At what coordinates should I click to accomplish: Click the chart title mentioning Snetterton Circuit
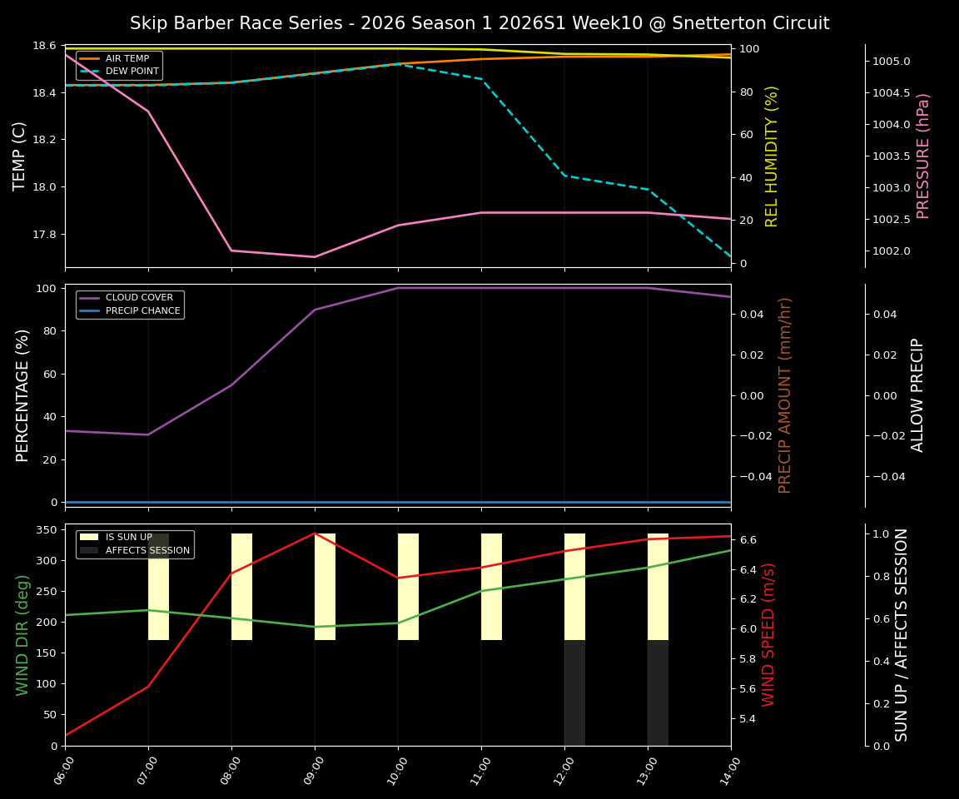pyautogui.click(x=479, y=23)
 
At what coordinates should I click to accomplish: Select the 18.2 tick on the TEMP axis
pyautogui.click(x=43, y=140)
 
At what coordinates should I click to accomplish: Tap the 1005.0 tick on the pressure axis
pyautogui.click(x=892, y=62)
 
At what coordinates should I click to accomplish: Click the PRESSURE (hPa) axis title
pyautogui.click(x=923, y=156)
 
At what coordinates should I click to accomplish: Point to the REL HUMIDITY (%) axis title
pyautogui.click(x=772, y=156)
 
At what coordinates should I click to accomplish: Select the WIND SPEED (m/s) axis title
pyautogui.click(x=768, y=634)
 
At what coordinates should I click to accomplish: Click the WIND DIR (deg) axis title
pyautogui.click(x=22, y=634)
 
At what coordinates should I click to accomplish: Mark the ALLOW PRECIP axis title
pyautogui.click(x=918, y=395)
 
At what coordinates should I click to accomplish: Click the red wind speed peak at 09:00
pyautogui.click(x=315, y=533)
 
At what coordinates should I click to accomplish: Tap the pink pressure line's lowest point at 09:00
pyautogui.click(x=315, y=257)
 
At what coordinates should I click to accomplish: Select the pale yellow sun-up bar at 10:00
pyautogui.click(x=408, y=587)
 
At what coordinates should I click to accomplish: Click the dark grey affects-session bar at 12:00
pyautogui.click(x=574, y=692)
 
